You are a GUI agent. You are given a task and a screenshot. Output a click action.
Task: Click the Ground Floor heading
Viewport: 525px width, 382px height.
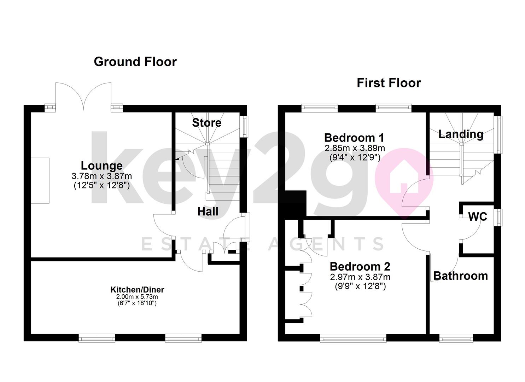pyautogui.click(x=135, y=62)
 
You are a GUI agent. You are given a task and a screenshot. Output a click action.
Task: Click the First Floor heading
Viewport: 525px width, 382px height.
pyautogui.click(x=389, y=83)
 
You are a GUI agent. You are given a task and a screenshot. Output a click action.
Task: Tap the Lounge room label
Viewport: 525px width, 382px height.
pyautogui.click(x=102, y=166)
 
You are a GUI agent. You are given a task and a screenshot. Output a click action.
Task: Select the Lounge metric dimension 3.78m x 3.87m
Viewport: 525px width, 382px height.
pyautogui.click(x=102, y=176)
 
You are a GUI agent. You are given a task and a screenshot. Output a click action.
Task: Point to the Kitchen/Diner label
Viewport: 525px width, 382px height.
pyautogui.click(x=137, y=290)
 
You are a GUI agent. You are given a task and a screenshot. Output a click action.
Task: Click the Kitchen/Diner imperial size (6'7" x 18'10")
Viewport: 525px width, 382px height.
pyautogui.click(x=137, y=303)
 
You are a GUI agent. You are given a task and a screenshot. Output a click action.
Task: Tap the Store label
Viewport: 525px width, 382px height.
pyautogui.click(x=206, y=123)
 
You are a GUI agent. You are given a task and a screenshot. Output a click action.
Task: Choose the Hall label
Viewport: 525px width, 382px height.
pyautogui.click(x=208, y=212)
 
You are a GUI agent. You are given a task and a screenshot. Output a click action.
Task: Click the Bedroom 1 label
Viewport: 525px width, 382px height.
pyautogui.click(x=354, y=138)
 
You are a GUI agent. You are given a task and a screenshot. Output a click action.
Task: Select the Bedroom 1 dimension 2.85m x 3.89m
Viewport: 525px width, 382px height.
pyautogui.click(x=355, y=148)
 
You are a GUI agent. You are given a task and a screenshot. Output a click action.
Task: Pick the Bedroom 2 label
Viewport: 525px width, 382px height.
pyautogui.click(x=360, y=267)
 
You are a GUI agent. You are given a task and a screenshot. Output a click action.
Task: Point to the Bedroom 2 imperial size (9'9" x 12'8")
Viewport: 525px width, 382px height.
pyautogui.click(x=360, y=286)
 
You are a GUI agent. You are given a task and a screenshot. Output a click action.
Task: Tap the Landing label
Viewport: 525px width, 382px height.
pyautogui.click(x=461, y=134)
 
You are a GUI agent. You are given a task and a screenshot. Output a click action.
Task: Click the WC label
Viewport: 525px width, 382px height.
pyautogui.click(x=478, y=216)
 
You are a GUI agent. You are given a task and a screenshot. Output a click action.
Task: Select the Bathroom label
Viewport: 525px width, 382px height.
pyautogui.click(x=461, y=276)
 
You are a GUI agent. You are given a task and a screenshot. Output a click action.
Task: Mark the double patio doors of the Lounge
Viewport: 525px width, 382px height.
pyautogui.click(x=83, y=97)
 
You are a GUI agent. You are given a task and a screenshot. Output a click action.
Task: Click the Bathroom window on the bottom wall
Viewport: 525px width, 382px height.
pyautogui.click(x=456, y=338)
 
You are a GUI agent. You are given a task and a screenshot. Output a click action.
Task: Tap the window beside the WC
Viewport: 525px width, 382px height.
pyautogui.click(x=498, y=217)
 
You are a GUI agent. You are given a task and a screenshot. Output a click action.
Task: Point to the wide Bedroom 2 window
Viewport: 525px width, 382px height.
pyautogui.click(x=353, y=338)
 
